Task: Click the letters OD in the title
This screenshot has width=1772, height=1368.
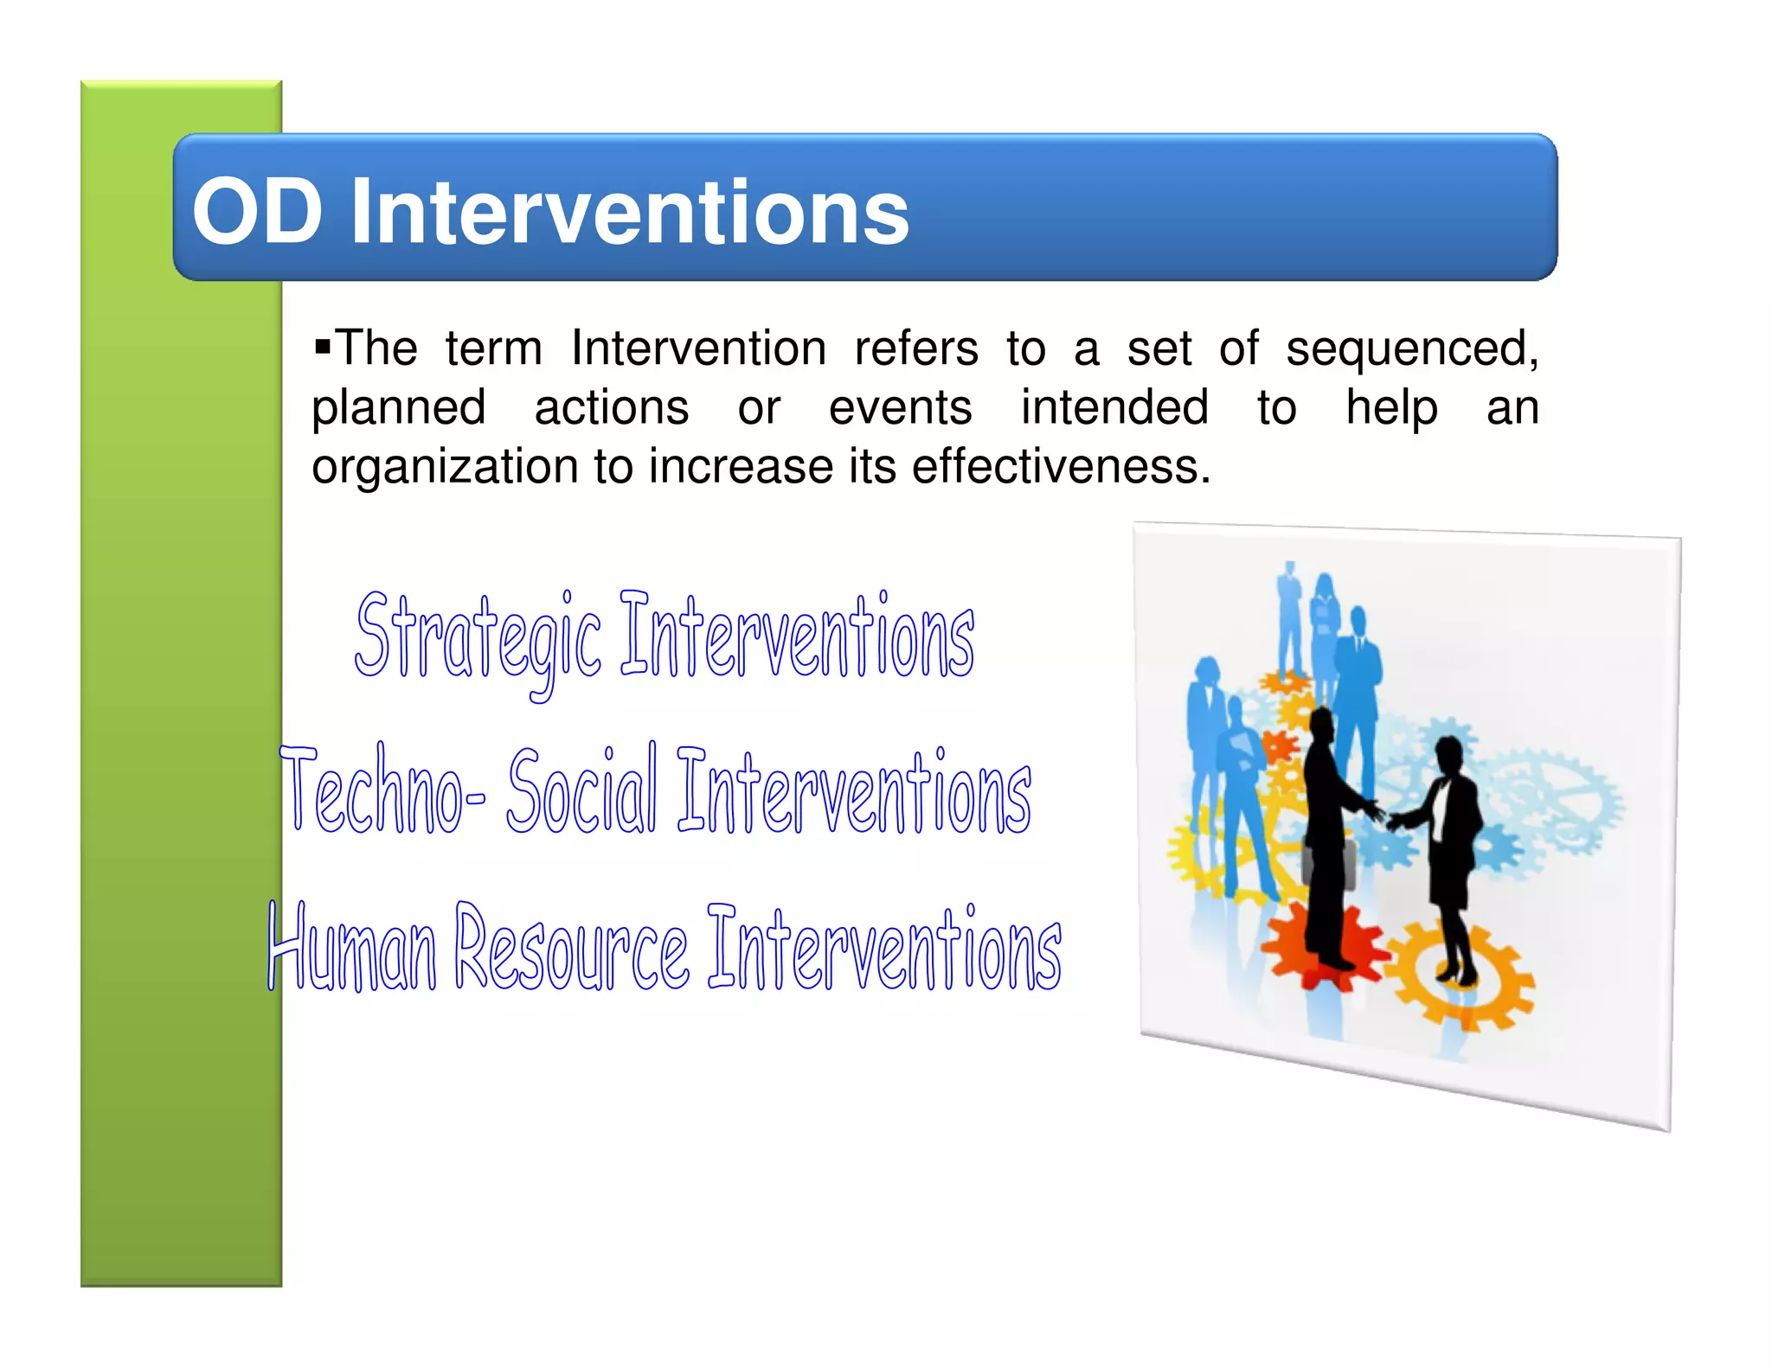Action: pyautogui.click(x=257, y=211)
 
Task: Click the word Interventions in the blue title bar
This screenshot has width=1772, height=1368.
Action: pyautogui.click(x=629, y=211)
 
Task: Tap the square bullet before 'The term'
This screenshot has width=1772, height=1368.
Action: pyautogui.click(x=323, y=348)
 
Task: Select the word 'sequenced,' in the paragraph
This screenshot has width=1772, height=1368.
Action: pyautogui.click(x=1411, y=350)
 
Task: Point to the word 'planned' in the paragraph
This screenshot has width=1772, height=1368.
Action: pyautogui.click(x=398, y=408)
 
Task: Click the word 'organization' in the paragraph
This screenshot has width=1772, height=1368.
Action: pyautogui.click(x=445, y=467)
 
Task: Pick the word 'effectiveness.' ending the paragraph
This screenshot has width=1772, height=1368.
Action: pyautogui.click(x=1061, y=467)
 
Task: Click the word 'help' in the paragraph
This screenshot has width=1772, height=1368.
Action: pyautogui.click(x=1391, y=408)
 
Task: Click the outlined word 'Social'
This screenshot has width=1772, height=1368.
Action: pyautogui.click(x=581, y=791)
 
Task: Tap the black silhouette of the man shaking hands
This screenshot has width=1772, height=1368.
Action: pyautogui.click(x=1324, y=830)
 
